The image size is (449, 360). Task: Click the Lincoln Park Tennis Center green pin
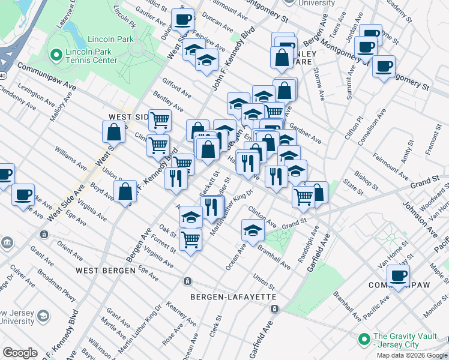tap(56, 56)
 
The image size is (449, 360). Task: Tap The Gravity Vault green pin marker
tap(364, 340)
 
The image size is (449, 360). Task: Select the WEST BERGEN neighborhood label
tap(106, 271)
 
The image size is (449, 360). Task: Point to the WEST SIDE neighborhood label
tap(128, 116)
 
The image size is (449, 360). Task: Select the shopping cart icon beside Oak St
tap(190, 239)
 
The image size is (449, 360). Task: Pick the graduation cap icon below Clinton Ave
tap(253, 229)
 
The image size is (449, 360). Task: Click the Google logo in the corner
tap(20, 353)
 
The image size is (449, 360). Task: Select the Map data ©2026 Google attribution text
tap(411, 355)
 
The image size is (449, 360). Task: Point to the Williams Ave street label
tap(70, 155)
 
